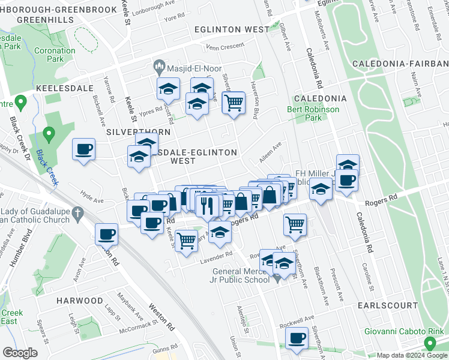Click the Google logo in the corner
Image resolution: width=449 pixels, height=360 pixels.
[19, 353]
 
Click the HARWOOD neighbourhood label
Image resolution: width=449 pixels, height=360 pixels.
[80, 300]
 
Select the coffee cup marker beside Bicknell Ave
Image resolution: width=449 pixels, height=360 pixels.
[84, 149]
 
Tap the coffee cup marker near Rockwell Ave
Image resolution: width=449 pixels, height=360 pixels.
[296, 338]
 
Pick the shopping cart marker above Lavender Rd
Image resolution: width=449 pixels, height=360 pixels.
[187, 240]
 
